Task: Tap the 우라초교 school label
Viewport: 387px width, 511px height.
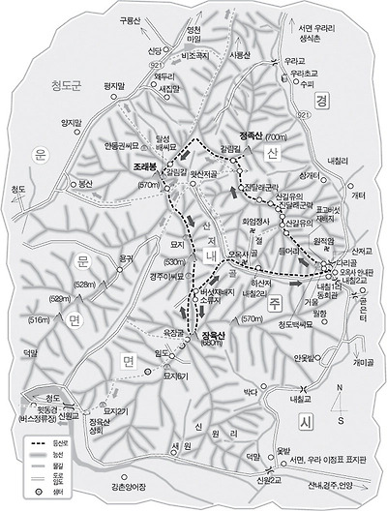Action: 304,73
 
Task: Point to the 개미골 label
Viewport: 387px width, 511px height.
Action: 364,360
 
